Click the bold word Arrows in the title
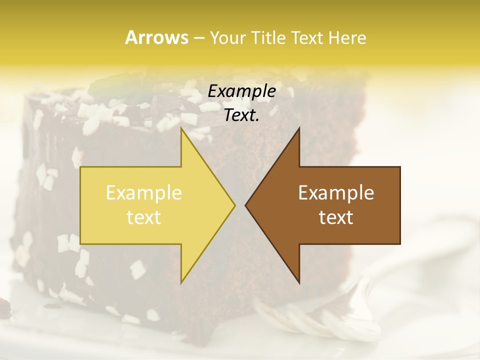point(156,37)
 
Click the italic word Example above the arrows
point(242,91)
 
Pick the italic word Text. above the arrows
point(242,115)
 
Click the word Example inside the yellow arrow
point(144,193)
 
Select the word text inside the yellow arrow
point(144,217)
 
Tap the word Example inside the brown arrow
point(336,193)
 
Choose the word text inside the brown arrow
point(336,217)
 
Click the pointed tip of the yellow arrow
point(234,205)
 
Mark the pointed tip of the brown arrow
point(245,205)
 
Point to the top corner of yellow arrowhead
point(181,128)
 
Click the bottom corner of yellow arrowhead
point(181,283)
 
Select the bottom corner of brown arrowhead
point(299,283)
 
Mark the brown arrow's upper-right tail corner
point(400,167)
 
